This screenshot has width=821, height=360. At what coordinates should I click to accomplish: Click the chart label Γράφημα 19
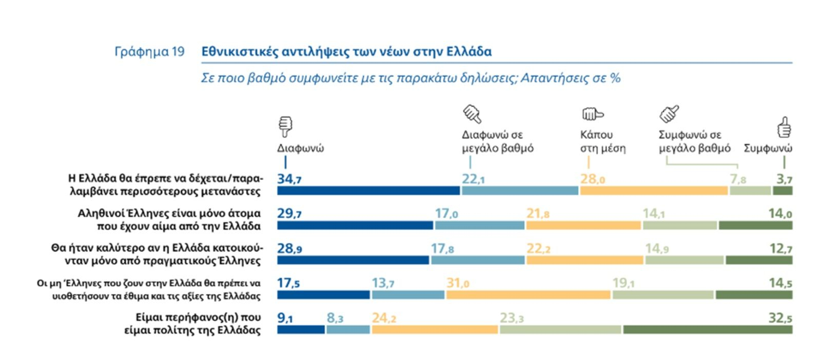pyautogui.click(x=149, y=52)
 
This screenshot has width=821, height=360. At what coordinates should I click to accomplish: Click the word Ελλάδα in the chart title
pyautogui.click(x=469, y=52)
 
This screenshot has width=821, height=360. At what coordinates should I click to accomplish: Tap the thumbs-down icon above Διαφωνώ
pyautogui.click(x=285, y=126)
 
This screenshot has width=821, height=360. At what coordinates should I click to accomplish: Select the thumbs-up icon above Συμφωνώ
pyautogui.click(x=784, y=127)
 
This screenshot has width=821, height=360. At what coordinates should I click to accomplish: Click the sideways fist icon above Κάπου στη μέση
pyautogui.click(x=592, y=114)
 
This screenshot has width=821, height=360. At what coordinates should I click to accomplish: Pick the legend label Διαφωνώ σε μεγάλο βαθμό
pyautogui.click(x=497, y=142)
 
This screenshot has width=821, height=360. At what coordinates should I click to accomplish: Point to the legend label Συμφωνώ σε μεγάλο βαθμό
pyautogui.click(x=694, y=142)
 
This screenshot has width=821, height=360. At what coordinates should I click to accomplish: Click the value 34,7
pyautogui.click(x=289, y=179)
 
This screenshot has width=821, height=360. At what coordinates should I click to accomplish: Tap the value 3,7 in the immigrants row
pyautogui.click(x=784, y=179)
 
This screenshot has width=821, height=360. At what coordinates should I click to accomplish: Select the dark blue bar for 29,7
pyautogui.click(x=355, y=226)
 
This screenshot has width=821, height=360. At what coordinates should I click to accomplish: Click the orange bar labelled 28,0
pyautogui.click(x=654, y=191)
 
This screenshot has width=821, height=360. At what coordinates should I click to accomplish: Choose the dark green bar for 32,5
pyautogui.click(x=708, y=329)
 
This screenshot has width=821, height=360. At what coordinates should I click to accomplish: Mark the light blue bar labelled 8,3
pyautogui.click(x=348, y=329)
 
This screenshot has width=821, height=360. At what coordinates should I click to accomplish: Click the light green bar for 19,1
pyautogui.click(x=662, y=295)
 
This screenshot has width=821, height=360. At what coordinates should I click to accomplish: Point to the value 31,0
pyautogui.click(x=458, y=283)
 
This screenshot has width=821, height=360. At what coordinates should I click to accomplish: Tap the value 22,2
pyautogui.click(x=538, y=249)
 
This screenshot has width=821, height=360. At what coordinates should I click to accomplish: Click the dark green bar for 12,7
pyautogui.click(x=759, y=261)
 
